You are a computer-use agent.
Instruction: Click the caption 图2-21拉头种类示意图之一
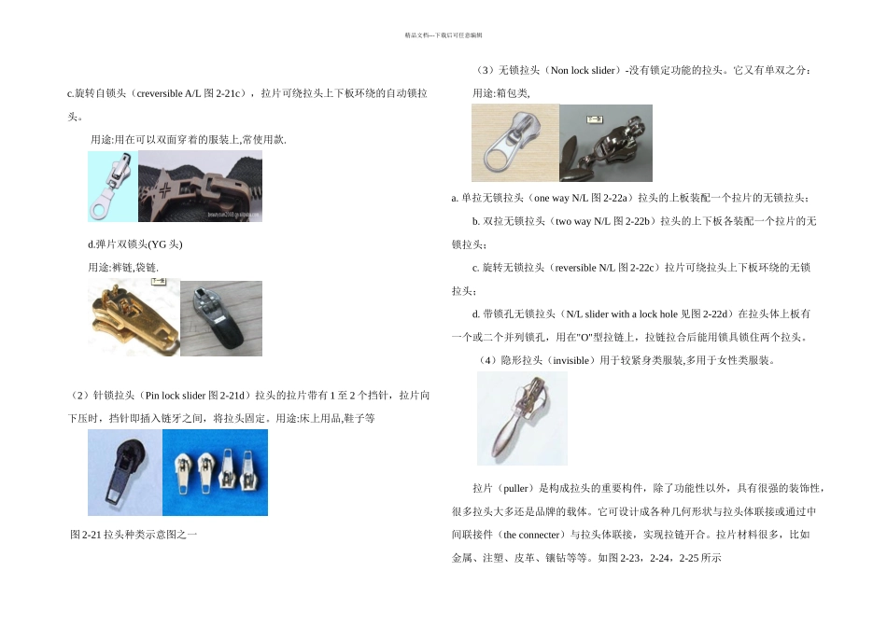point(134,535)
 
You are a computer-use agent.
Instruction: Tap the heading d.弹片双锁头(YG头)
point(135,244)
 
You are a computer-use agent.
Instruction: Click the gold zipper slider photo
point(133,318)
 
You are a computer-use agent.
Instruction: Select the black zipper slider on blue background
point(124,471)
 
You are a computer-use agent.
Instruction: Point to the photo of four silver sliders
point(216,471)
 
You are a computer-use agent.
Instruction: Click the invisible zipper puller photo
point(522,418)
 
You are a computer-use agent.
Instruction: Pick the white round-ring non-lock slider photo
point(514,142)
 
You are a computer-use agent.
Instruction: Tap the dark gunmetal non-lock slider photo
point(605,142)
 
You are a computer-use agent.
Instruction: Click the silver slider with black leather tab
point(220,318)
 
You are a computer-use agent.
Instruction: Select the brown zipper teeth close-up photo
point(200,187)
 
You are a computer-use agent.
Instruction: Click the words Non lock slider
point(584,70)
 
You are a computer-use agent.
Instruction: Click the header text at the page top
point(443,35)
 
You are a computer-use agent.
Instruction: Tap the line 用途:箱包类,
point(501,93)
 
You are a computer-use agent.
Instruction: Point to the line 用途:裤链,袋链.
point(122,268)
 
